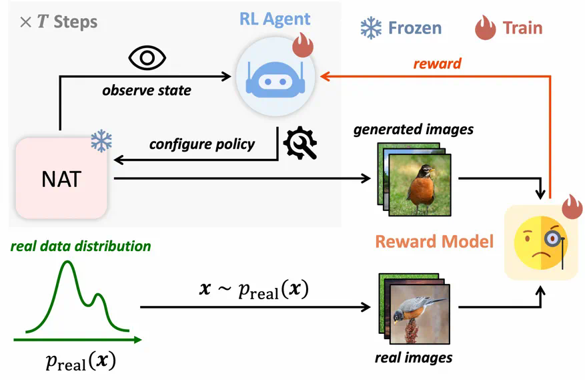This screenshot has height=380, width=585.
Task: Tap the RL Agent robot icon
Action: (x=275, y=77)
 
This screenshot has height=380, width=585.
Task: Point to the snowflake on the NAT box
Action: (x=101, y=141)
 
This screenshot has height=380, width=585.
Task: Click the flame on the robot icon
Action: (x=304, y=45)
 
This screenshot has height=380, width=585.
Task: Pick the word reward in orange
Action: (x=437, y=64)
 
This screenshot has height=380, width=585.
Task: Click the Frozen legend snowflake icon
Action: (x=371, y=27)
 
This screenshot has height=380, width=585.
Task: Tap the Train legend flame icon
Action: (x=485, y=27)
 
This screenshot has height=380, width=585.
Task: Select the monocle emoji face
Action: (x=541, y=241)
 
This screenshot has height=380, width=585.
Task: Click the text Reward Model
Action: (x=434, y=240)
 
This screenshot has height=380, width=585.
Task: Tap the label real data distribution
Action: (x=80, y=246)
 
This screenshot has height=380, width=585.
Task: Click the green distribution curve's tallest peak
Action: (x=67, y=264)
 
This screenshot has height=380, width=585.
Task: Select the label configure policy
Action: (x=201, y=144)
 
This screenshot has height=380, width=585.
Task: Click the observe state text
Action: (x=146, y=89)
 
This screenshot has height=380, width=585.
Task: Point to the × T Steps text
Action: (x=59, y=21)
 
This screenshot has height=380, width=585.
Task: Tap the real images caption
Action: (x=414, y=357)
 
